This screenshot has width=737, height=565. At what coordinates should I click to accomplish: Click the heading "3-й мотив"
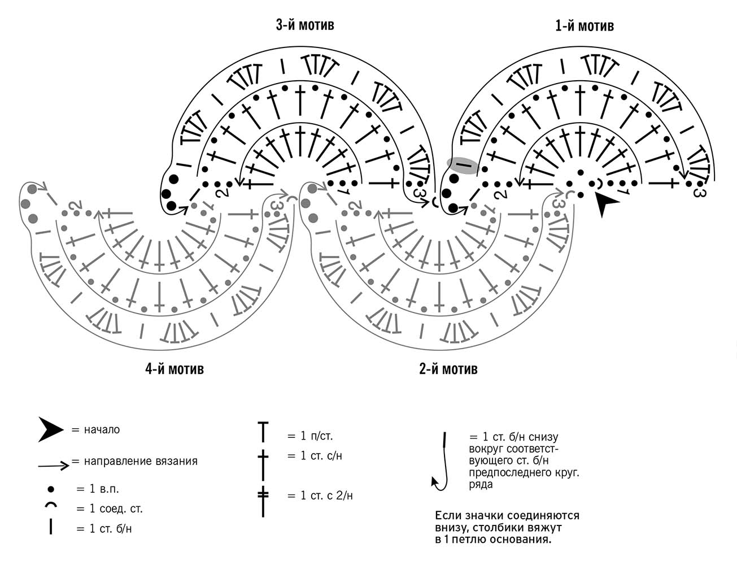click(x=304, y=25)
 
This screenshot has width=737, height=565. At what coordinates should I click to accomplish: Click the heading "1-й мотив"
click(x=585, y=26)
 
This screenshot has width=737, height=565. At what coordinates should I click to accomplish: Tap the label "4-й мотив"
click(x=175, y=369)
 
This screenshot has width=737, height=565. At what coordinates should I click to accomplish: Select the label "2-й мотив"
click(x=448, y=369)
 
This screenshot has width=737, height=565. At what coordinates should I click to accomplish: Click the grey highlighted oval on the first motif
click(x=463, y=166)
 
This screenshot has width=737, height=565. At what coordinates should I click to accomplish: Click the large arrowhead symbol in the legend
click(x=50, y=429)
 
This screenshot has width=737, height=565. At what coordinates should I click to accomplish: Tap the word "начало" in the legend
click(x=102, y=429)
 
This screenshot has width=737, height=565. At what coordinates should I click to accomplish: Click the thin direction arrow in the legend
click(x=54, y=466)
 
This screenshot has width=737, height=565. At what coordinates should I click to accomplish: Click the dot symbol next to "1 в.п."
click(x=51, y=489)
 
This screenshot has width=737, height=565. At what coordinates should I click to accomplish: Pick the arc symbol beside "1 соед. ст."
click(x=51, y=505)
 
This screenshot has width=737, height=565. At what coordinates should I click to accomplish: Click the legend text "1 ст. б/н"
click(x=111, y=529)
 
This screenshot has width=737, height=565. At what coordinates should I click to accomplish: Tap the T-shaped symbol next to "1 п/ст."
click(x=263, y=432)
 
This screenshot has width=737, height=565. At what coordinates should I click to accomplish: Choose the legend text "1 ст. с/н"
click(x=321, y=455)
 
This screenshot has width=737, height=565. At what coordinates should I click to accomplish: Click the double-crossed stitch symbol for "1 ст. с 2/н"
click(x=263, y=501)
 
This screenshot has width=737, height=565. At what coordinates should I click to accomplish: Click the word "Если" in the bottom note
click(x=448, y=515)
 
